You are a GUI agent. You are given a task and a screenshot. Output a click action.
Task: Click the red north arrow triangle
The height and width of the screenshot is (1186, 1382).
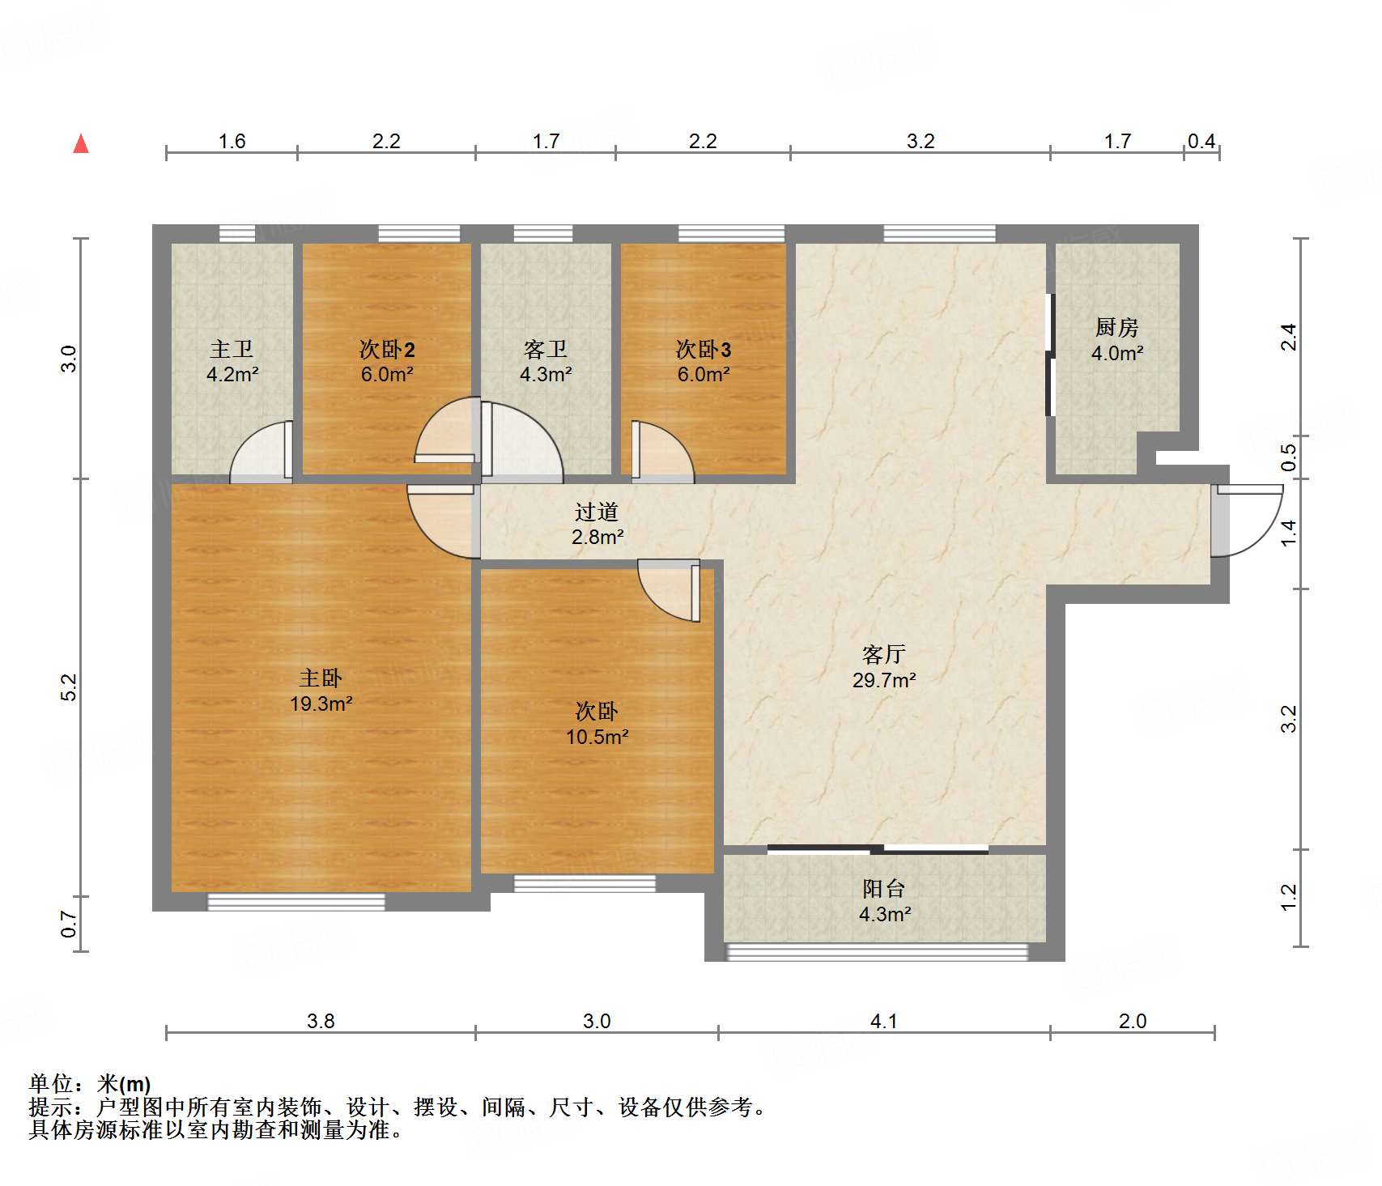pyautogui.click(x=81, y=144)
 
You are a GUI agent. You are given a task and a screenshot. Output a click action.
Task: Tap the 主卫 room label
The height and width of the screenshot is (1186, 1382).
pyautogui.click(x=232, y=349)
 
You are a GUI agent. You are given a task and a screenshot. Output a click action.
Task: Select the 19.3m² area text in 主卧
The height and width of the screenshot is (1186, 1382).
pyautogui.click(x=321, y=704)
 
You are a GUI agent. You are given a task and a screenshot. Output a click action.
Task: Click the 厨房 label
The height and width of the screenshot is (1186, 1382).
pyautogui.click(x=1116, y=327)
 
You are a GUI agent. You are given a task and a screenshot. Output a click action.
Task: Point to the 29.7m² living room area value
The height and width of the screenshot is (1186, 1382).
pyautogui.click(x=883, y=680)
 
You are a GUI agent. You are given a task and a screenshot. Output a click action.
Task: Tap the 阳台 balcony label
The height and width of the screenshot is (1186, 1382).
pyautogui.click(x=883, y=889)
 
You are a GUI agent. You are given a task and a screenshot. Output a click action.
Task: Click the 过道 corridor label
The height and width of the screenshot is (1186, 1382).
pyautogui.click(x=597, y=512)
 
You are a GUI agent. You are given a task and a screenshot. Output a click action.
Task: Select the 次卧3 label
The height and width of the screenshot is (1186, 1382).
pyautogui.click(x=704, y=349)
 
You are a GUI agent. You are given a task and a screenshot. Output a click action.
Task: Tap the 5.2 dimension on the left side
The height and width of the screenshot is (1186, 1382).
pyautogui.click(x=70, y=687)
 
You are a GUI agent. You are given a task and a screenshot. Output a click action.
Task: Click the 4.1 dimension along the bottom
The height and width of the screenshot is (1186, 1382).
pyautogui.click(x=883, y=1021)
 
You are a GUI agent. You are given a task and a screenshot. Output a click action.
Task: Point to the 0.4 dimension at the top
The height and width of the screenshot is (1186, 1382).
pyautogui.click(x=1201, y=141)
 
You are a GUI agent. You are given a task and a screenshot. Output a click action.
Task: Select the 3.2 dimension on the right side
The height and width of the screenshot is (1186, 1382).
pyautogui.click(x=1289, y=718)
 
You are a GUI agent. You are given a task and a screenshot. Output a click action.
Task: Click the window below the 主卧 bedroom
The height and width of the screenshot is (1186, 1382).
pyautogui.click(x=296, y=901)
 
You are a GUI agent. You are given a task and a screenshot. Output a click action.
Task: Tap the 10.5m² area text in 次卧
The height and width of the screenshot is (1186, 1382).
pyautogui.click(x=597, y=737)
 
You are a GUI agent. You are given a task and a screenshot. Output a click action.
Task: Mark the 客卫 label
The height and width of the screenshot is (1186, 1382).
pyautogui.click(x=545, y=349)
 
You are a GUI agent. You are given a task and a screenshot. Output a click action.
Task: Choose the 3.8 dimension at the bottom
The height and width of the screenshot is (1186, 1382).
pyautogui.click(x=321, y=1021)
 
